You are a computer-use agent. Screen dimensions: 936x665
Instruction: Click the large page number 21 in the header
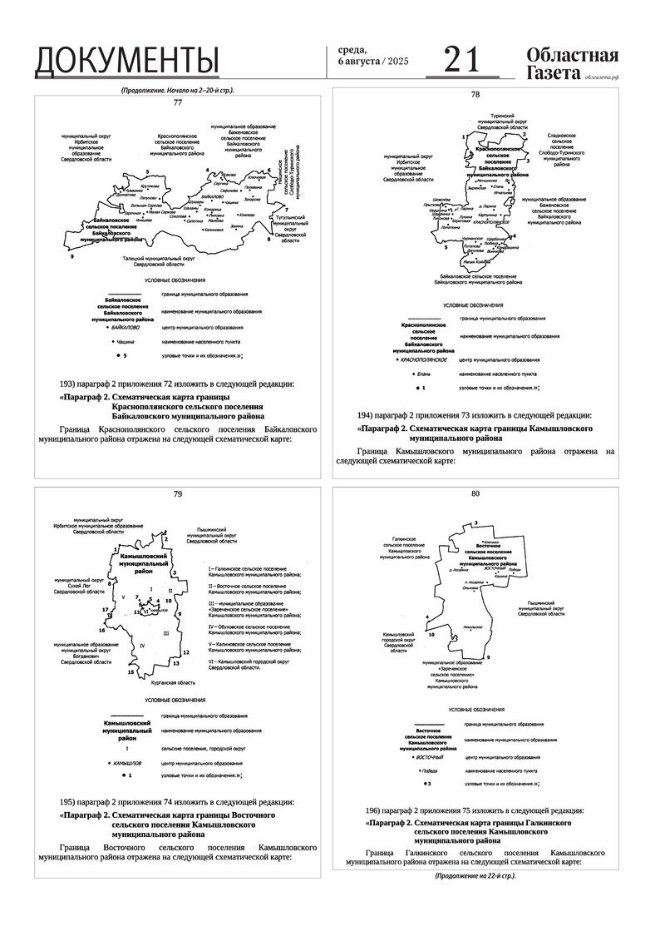click(x=463, y=60)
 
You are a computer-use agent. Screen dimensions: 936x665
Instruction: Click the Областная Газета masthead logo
click(x=572, y=64)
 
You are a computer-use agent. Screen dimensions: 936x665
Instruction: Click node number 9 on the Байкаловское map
click(x=73, y=258)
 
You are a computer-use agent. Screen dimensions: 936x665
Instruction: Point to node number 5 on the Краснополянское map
click(x=447, y=247)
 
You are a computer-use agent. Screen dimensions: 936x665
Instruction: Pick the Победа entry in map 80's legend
click(x=428, y=770)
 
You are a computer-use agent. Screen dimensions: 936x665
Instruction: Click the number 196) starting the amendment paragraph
click(x=377, y=810)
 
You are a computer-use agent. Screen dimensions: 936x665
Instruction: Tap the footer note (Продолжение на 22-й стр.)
click(x=475, y=876)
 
